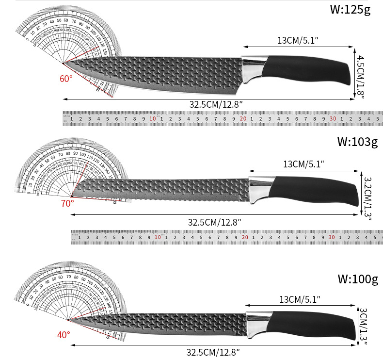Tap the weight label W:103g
(357, 142)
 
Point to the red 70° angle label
(67, 203)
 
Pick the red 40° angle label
(64, 334)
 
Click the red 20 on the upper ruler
(243, 119)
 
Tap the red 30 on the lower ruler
(332, 237)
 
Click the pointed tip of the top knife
(64, 63)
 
